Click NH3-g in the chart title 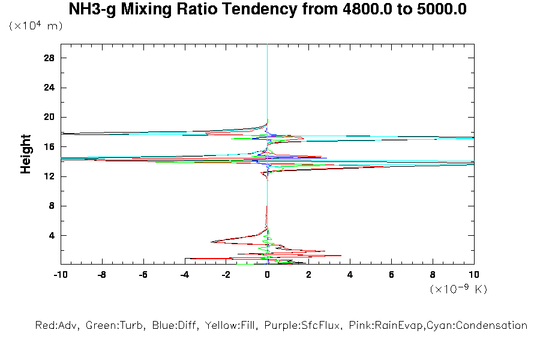point(92,10)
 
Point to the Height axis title point(26,154)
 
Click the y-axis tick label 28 point(50,58)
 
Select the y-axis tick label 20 point(50,117)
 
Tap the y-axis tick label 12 point(50,176)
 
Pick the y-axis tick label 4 point(52,235)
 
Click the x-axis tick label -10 point(60,274)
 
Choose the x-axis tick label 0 point(267,274)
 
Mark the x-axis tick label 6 point(391,274)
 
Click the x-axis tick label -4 point(184,274)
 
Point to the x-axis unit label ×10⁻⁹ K point(458,289)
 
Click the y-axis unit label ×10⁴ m point(36,26)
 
